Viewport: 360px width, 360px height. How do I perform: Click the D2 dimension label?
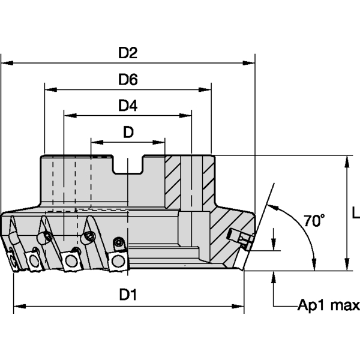pyautogui.click(x=128, y=53)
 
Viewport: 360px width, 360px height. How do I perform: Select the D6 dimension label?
pyautogui.click(x=128, y=80)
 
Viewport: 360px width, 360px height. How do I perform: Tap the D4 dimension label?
pyautogui.click(x=128, y=106)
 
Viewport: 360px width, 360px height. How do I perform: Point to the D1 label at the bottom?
pyautogui.click(x=128, y=295)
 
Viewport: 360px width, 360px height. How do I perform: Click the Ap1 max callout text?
pyautogui.click(x=329, y=305)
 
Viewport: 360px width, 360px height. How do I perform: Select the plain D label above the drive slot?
pyautogui.click(x=128, y=133)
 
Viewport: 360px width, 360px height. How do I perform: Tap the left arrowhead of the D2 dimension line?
pyautogui.click(x=6, y=62)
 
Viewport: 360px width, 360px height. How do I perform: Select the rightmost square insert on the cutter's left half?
pyautogui.click(x=117, y=259)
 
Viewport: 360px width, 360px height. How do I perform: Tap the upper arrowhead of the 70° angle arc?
pyautogui.click(x=266, y=207)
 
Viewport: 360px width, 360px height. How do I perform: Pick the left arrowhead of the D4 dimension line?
pyautogui.click(x=68, y=115)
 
